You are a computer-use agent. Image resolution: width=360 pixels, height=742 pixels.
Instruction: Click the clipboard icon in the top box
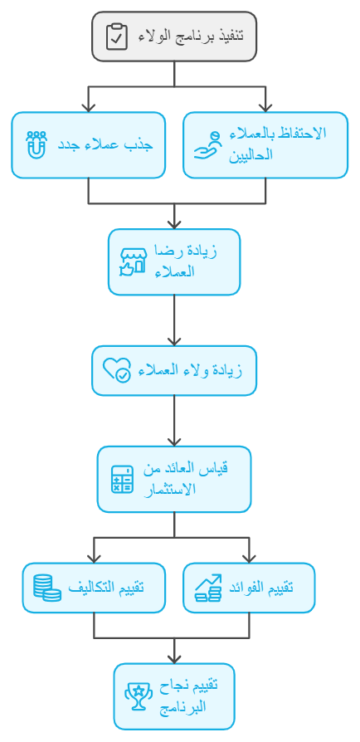coord(116,37)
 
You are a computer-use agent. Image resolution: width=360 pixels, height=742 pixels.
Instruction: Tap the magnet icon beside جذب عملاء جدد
coord(36,144)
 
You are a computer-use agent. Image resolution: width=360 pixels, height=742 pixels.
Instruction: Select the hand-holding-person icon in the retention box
coord(208,144)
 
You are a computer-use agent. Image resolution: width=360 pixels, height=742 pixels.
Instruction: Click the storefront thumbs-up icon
coord(133,261)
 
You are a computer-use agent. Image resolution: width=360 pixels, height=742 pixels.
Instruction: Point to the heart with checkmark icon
coord(117,370)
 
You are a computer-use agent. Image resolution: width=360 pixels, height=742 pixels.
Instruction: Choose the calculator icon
coord(122,479)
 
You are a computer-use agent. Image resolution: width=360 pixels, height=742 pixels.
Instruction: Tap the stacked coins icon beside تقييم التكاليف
coord(46,588)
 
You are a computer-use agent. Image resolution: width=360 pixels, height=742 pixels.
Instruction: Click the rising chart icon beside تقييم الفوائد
coord(208,588)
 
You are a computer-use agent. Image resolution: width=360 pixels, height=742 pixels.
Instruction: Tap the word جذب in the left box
coord(142,144)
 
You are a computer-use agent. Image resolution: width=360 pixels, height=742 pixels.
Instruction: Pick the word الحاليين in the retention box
coord(251,154)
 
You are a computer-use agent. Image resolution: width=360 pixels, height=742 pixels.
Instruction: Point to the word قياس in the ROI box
coord(217,468)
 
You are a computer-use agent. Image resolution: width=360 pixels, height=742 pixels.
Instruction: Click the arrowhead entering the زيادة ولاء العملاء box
coord(174,341)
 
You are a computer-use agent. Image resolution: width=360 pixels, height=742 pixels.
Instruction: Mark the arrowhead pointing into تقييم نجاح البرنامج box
coord(174,658)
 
